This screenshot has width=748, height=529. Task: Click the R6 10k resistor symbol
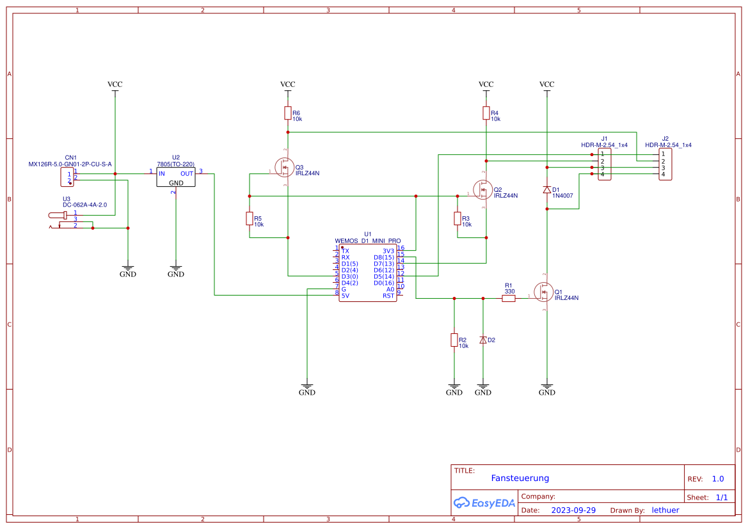tap(288, 113)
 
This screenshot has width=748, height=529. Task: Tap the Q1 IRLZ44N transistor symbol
tap(544, 292)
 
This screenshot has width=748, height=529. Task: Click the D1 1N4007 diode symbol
tap(546, 190)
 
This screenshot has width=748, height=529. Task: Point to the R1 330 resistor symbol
tap(509, 298)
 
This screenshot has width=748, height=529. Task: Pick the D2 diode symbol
tap(483, 340)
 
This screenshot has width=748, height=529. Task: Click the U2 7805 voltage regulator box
tap(176, 177)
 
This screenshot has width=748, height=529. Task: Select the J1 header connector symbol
tap(604, 164)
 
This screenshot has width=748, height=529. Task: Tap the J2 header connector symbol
tap(665, 164)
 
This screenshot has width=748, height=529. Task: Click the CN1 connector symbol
tap(68, 176)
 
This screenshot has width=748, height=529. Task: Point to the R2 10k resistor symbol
tap(454, 340)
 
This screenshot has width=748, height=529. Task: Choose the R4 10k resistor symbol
tap(486, 113)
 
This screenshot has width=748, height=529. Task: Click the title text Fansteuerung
tap(520, 478)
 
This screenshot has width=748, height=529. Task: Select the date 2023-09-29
tap(573, 510)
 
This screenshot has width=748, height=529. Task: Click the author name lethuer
tap(665, 510)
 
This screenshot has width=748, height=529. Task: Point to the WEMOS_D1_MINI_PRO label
tap(367, 241)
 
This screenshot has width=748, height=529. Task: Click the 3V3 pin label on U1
tap(388, 251)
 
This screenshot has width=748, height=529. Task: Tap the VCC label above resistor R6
tap(288, 84)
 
